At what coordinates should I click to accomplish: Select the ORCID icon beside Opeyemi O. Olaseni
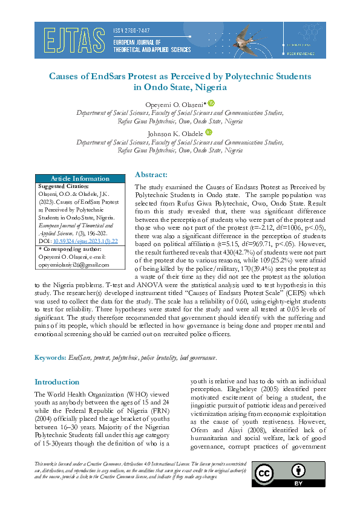(x=212, y=104)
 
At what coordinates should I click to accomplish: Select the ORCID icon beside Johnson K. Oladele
(x=209, y=132)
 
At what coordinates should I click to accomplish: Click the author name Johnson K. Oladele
(x=176, y=133)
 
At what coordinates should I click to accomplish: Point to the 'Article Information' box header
(x=80, y=178)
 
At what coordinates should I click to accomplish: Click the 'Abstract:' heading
(x=151, y=174)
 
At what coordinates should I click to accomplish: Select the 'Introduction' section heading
(x=57, y=382)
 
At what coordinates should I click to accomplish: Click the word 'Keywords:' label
(x=50, y=358)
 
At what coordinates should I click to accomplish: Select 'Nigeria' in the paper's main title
(x=209, y=87)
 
